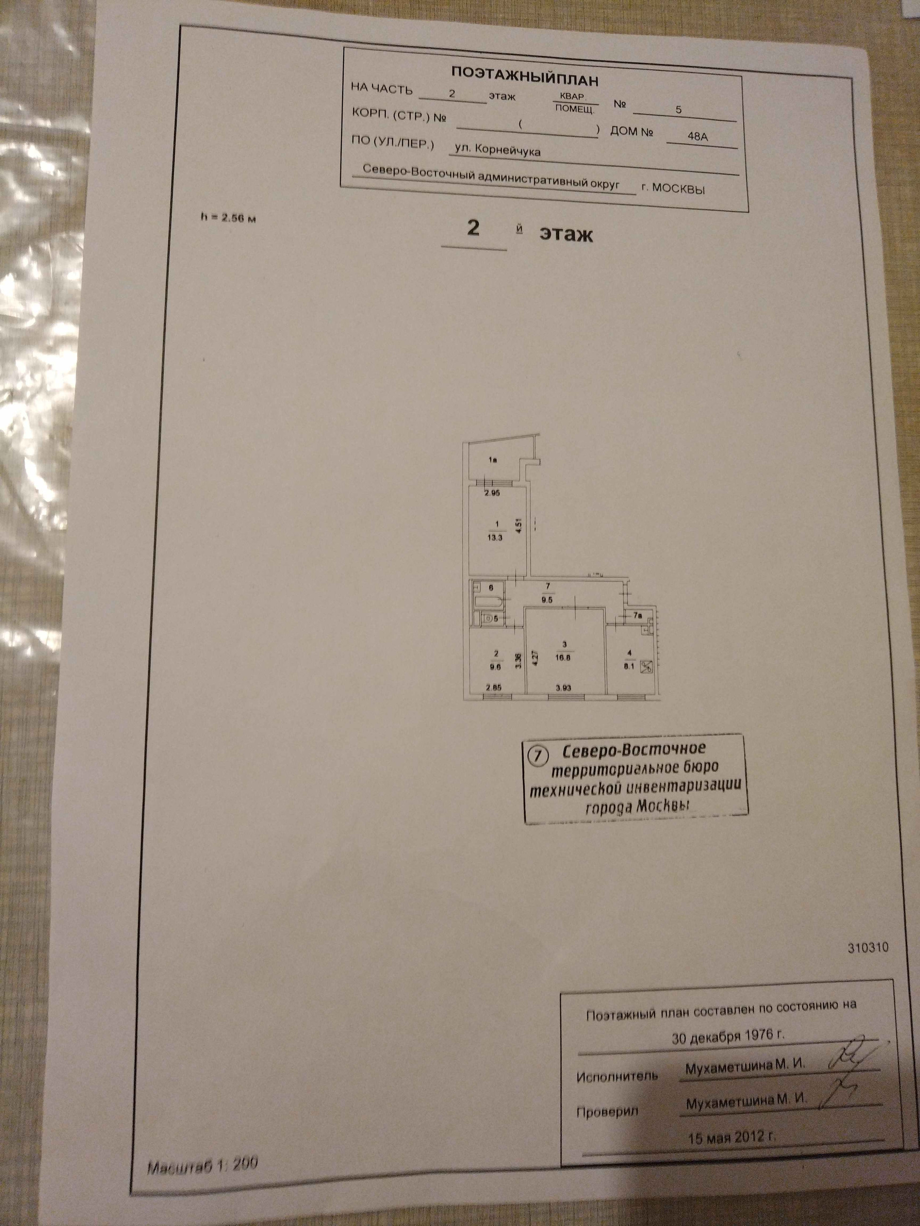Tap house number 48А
click(x=697, y=136)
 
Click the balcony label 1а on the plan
click(x=492, y=459)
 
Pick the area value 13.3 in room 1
click(x=494, y=537)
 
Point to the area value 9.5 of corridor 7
click(x=548, y=599)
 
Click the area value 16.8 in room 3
click(x=564, y=658)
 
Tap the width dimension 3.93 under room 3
click(x=563, y=688)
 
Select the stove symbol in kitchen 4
click(x=646, y=667)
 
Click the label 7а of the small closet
click(x=638, y=615)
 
